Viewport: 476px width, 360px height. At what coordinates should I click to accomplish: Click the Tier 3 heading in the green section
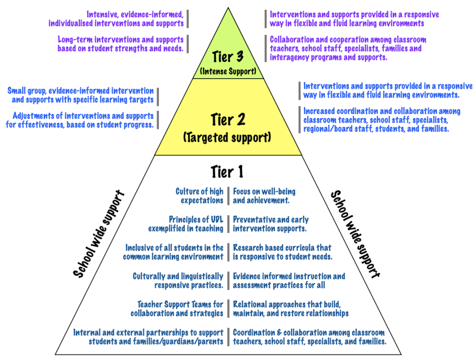click(x=228, y=57)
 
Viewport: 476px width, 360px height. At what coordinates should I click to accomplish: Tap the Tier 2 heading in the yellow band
click(x=228, y=119)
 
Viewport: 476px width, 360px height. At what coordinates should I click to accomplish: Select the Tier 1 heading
click(x=227, y=172)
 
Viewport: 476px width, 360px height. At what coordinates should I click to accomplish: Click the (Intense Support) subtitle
click(x=228, y=72)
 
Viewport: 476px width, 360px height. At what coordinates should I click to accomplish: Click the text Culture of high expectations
click(x=199, y=196)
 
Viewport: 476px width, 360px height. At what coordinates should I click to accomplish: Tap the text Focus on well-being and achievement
click(x=264, y=196)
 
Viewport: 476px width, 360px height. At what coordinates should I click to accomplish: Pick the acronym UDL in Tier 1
click(x=215, y=220)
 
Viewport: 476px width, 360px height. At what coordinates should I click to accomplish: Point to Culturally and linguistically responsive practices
click(x=178, y=280)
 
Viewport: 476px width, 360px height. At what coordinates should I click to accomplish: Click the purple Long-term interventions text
click(x=120, y=44)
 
